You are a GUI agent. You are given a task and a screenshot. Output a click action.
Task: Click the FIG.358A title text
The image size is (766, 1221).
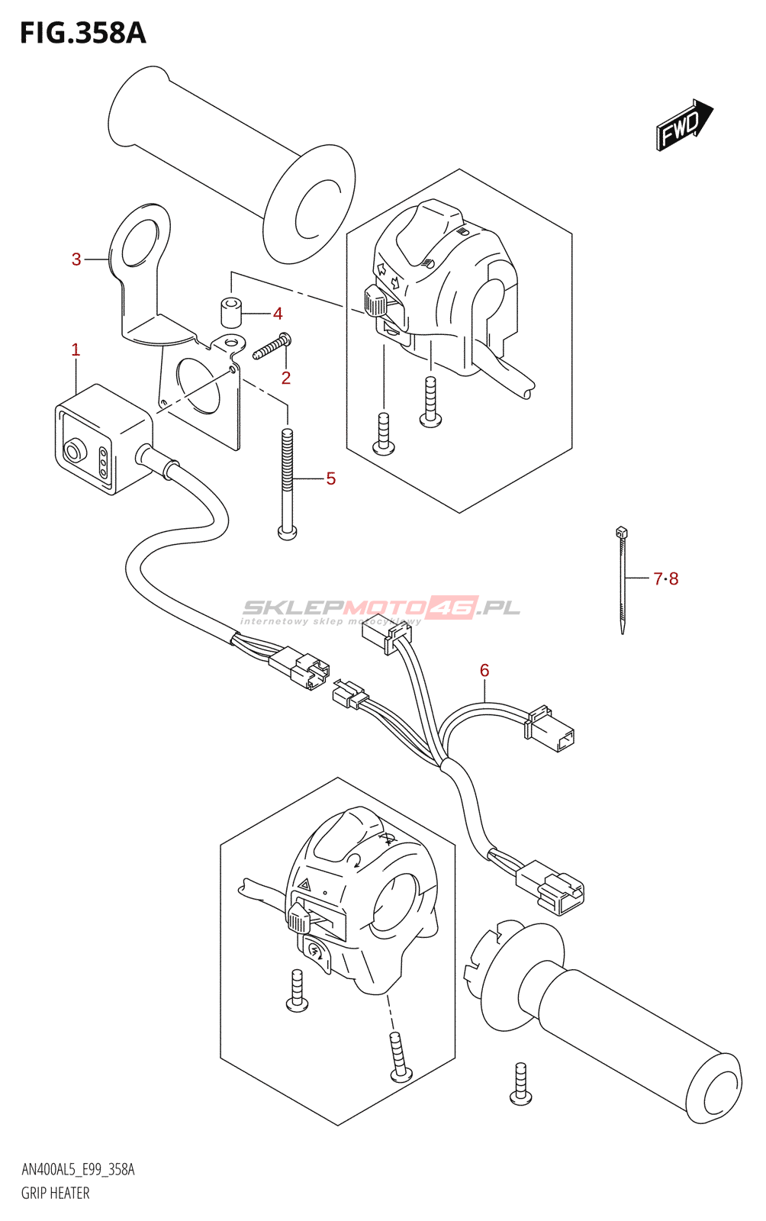coord(82,34)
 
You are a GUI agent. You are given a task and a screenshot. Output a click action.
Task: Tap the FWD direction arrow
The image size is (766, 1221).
coord(684,124)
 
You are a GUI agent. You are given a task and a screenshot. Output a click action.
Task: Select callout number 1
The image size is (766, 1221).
coord(76,350)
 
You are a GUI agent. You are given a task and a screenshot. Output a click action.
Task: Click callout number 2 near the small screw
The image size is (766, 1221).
coord(286,378)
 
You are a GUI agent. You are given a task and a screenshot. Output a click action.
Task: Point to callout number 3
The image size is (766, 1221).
coord(76,259)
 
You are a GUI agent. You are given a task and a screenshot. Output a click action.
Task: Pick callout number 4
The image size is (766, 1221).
coord(278,314)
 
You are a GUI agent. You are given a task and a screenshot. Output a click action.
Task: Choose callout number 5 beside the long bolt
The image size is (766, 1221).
coord(330,478)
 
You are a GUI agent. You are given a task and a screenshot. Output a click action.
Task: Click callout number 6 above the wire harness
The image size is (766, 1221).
coord(484,670)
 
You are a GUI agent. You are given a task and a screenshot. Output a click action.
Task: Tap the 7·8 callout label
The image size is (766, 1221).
coord(665,579)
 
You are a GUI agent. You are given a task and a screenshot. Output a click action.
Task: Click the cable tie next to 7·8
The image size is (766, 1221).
coord(623,580)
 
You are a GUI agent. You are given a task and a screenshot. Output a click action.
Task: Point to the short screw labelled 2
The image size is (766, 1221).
coord(272,346)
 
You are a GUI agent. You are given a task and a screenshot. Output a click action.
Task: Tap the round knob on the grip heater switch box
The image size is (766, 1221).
coord(73,452)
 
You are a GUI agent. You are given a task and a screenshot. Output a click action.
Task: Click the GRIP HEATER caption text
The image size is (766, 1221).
coord(55,1193)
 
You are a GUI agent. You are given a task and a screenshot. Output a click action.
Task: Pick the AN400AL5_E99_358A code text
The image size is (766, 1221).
coord(78,1170)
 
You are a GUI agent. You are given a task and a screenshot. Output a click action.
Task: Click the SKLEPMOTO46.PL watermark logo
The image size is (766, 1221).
coord(381,608)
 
